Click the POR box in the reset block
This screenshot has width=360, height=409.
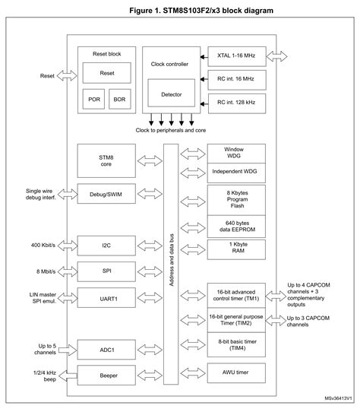click(94, 99)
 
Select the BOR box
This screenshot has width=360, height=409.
click(120, 99)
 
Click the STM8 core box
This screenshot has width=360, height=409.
click(106, 160)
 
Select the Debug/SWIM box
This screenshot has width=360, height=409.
click(106, 194)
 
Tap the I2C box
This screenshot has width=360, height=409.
click(106, 246)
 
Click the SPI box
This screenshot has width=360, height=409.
click(106, 270)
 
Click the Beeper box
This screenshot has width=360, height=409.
click(106, 376)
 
